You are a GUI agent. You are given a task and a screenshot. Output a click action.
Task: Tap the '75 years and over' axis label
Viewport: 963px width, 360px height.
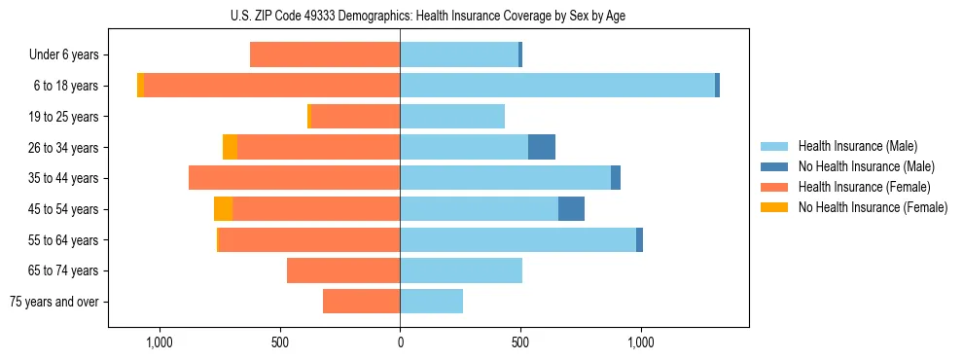click(x=54, y=302)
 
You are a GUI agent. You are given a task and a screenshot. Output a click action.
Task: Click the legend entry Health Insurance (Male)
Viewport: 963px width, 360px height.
click(x=857, y=146)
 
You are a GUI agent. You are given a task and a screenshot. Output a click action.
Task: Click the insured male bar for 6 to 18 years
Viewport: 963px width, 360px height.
click(x=557, y=86)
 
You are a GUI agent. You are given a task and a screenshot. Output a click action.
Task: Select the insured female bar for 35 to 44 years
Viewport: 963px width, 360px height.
click(x=294, y=178)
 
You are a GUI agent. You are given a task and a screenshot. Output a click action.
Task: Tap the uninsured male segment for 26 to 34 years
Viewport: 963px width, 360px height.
click(x=542, y=147)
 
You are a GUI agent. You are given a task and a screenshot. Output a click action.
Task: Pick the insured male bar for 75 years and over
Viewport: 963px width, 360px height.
click(x=431, y=302)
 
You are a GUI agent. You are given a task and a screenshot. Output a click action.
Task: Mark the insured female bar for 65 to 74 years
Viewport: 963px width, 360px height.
click(x=343, y=270)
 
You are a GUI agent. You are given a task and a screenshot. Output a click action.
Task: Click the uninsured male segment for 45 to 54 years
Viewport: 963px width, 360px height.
click(x=571, y=208)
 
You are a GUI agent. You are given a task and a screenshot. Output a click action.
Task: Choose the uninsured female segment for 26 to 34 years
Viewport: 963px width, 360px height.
click(x=230, y=147)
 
